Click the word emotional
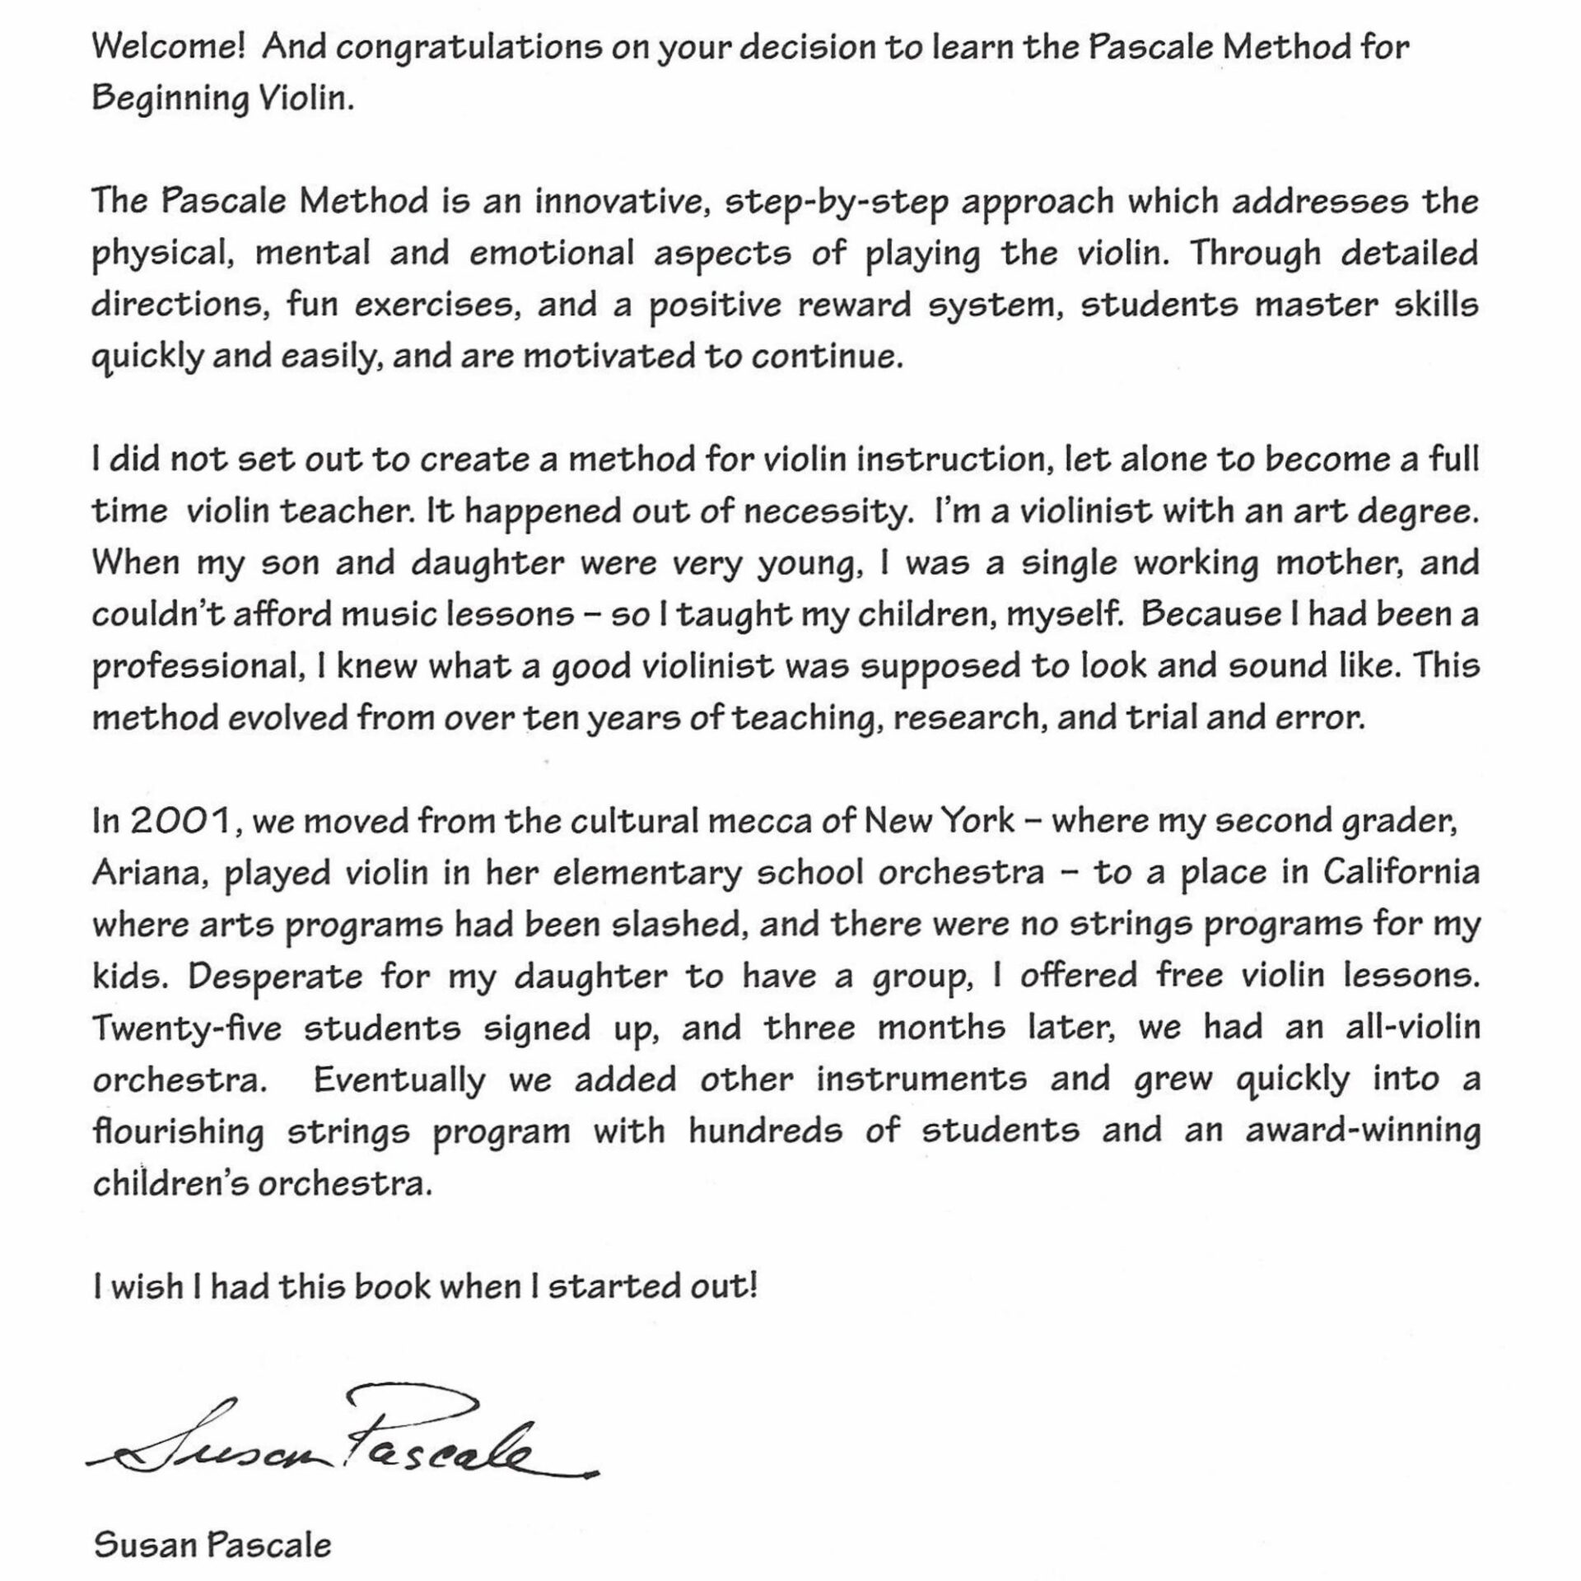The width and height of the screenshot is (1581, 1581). (552, 254)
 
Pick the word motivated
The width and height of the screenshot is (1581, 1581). (609, 357)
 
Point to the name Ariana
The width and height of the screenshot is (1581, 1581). (147, 874)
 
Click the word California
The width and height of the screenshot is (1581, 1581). (1401, 873)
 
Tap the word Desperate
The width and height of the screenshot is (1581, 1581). (275, 977)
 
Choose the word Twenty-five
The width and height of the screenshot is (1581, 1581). (186, 1028)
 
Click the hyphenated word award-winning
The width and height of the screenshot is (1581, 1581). (1362, 1131)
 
